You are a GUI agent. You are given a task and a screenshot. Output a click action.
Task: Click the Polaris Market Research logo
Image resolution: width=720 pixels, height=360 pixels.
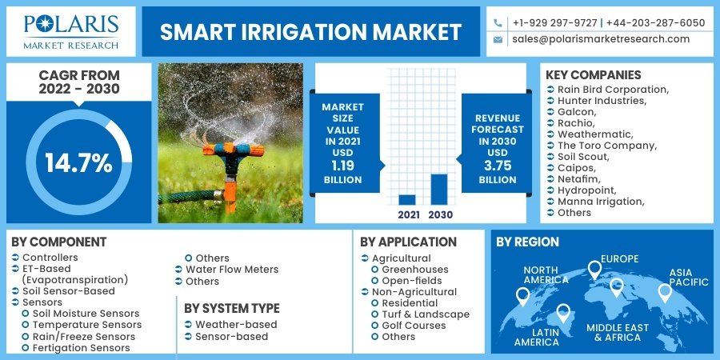[x=71, y=32]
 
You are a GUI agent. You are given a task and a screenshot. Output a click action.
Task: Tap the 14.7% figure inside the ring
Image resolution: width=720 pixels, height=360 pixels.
[x=78, y=162]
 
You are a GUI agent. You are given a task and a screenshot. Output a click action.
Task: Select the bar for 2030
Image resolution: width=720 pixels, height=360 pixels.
[x=439, y=190]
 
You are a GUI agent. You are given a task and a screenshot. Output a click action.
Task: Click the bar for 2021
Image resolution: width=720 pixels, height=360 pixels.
[x=407, y=200]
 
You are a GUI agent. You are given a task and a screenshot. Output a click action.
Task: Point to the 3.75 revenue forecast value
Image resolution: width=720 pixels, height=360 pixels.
[x=498, y=166]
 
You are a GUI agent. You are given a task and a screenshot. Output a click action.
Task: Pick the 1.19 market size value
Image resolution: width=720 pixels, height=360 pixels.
[x=342, y=166]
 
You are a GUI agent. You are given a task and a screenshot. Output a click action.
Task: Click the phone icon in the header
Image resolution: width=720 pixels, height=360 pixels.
[x=498, y=23]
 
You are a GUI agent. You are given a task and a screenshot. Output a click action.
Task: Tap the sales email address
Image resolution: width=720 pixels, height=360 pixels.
[x=601, y=39]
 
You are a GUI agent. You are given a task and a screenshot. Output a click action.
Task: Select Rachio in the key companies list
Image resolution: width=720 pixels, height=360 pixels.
[x=576, y=123]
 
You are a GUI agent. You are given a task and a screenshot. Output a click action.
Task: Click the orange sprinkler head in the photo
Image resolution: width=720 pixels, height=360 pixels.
[x=233, y=150]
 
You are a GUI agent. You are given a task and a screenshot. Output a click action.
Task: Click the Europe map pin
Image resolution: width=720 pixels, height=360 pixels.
[x=594, y=270]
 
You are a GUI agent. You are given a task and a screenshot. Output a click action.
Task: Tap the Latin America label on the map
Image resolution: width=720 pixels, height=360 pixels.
[x=536, y=337]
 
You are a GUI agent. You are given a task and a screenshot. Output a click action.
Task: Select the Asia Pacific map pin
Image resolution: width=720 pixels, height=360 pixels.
[x=665, y=293]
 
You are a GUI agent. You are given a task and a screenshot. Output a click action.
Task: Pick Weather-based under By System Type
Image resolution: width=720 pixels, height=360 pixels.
[x=237, y=325]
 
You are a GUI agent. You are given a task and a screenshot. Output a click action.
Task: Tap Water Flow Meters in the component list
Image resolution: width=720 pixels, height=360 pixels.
[x=232, y=270]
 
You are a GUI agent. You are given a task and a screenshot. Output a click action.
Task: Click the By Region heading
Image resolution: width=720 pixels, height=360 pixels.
[x=528, y=242]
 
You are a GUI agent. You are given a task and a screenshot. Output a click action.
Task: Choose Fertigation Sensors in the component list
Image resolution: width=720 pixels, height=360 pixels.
[x=82, y=348]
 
